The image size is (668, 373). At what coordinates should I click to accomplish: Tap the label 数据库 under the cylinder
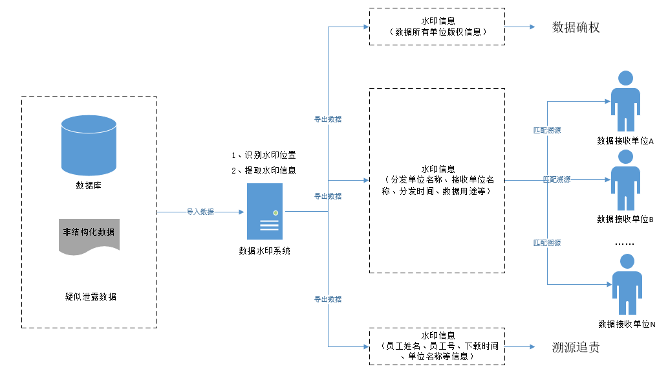click(x=89, y=186)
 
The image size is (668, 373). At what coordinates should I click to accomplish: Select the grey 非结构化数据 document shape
click(x=89, y=235)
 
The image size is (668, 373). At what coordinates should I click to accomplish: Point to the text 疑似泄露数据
click(x=91, y=297)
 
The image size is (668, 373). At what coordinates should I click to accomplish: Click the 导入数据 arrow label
click(x=200, y=212)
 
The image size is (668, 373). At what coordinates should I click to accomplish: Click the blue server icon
click(x=264, y=211)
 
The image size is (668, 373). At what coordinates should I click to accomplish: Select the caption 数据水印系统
click(x=264, y=251)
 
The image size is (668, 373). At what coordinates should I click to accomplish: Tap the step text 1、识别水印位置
click(x=264, y=155)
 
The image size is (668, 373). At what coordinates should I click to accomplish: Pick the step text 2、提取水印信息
click(x=264, y=170)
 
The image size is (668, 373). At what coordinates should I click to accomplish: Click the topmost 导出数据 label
click(x=328, y=119)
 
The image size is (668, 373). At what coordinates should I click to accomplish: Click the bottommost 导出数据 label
click(x=328, y=299)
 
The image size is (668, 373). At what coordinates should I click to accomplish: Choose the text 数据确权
click(x=576, y=27)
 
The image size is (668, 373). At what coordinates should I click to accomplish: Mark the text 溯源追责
click(x=576, y=347)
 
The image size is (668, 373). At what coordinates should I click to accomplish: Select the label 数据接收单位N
click(x=626, y=324)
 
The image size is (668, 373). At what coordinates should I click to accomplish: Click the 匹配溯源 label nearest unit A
click(x=547, y=130)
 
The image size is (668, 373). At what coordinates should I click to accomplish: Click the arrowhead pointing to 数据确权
click(x=532, y=27)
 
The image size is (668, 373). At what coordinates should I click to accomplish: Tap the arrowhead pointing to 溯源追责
click(x=532, y=347)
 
